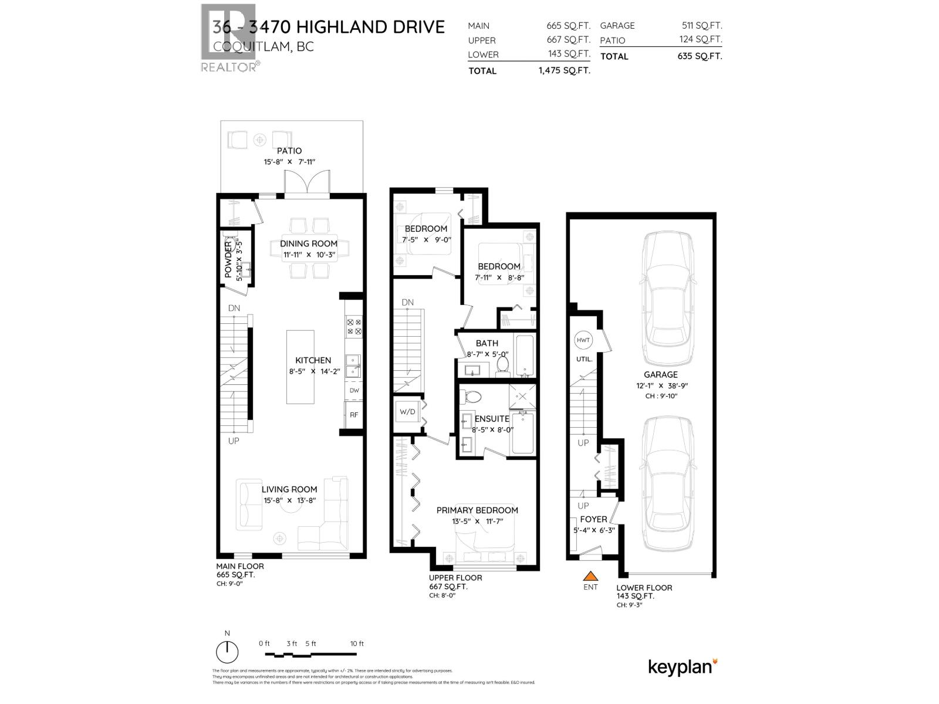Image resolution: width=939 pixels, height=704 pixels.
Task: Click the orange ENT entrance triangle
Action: [x=590, y=577]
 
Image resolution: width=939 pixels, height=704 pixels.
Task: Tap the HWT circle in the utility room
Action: [x=583, y=340]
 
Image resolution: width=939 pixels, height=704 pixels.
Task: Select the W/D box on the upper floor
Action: [x=407, y=412]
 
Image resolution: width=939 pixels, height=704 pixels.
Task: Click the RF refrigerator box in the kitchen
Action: [x=354, y=415]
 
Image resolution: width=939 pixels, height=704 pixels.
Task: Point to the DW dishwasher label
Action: [x=354, y=390]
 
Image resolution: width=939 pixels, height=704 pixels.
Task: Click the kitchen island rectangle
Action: [x=300, y=367]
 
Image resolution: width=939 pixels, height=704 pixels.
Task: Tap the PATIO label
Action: [x=289, y=151]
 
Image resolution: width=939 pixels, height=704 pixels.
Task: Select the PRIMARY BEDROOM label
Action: [x=477, y=510]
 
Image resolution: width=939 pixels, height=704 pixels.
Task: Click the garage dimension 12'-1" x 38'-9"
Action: [x=660, y=385]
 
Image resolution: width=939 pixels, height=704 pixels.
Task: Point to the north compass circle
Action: [x=227, y=652]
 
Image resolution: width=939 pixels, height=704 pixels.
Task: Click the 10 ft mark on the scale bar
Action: [x=357, y=644]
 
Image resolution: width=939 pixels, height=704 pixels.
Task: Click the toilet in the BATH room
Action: [x=502, y=365]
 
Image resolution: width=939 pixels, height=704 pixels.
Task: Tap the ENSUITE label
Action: [x=492, y=419]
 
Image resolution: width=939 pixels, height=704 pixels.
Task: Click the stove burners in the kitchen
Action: [x=354, y=326]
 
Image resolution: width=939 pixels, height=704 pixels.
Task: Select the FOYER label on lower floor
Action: [x=593, y=519]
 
